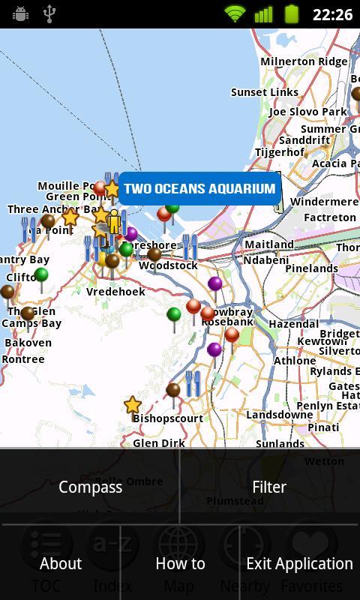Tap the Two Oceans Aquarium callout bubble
tap(199, 188)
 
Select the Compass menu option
tap(90, 487)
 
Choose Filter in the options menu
tap(269, 487)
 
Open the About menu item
tap(60, 563)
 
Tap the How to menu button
tap(180, 563)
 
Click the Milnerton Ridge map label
tap(304, 61)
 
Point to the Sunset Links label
tap(265, 92)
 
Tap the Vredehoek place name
tap(115, 291)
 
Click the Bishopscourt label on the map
tap(168, 418)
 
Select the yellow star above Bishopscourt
tap(133, 405)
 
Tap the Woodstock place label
tap(168, 265)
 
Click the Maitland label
tap(269, 244)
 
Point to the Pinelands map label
tap(311, 268)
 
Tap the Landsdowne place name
tap(280, 415)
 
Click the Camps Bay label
tap(31, 323)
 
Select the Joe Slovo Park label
tap(307, 112)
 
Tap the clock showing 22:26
tap(332, 14)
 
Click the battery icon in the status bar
tap(291, 13)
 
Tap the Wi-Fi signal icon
tap(235, 13)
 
